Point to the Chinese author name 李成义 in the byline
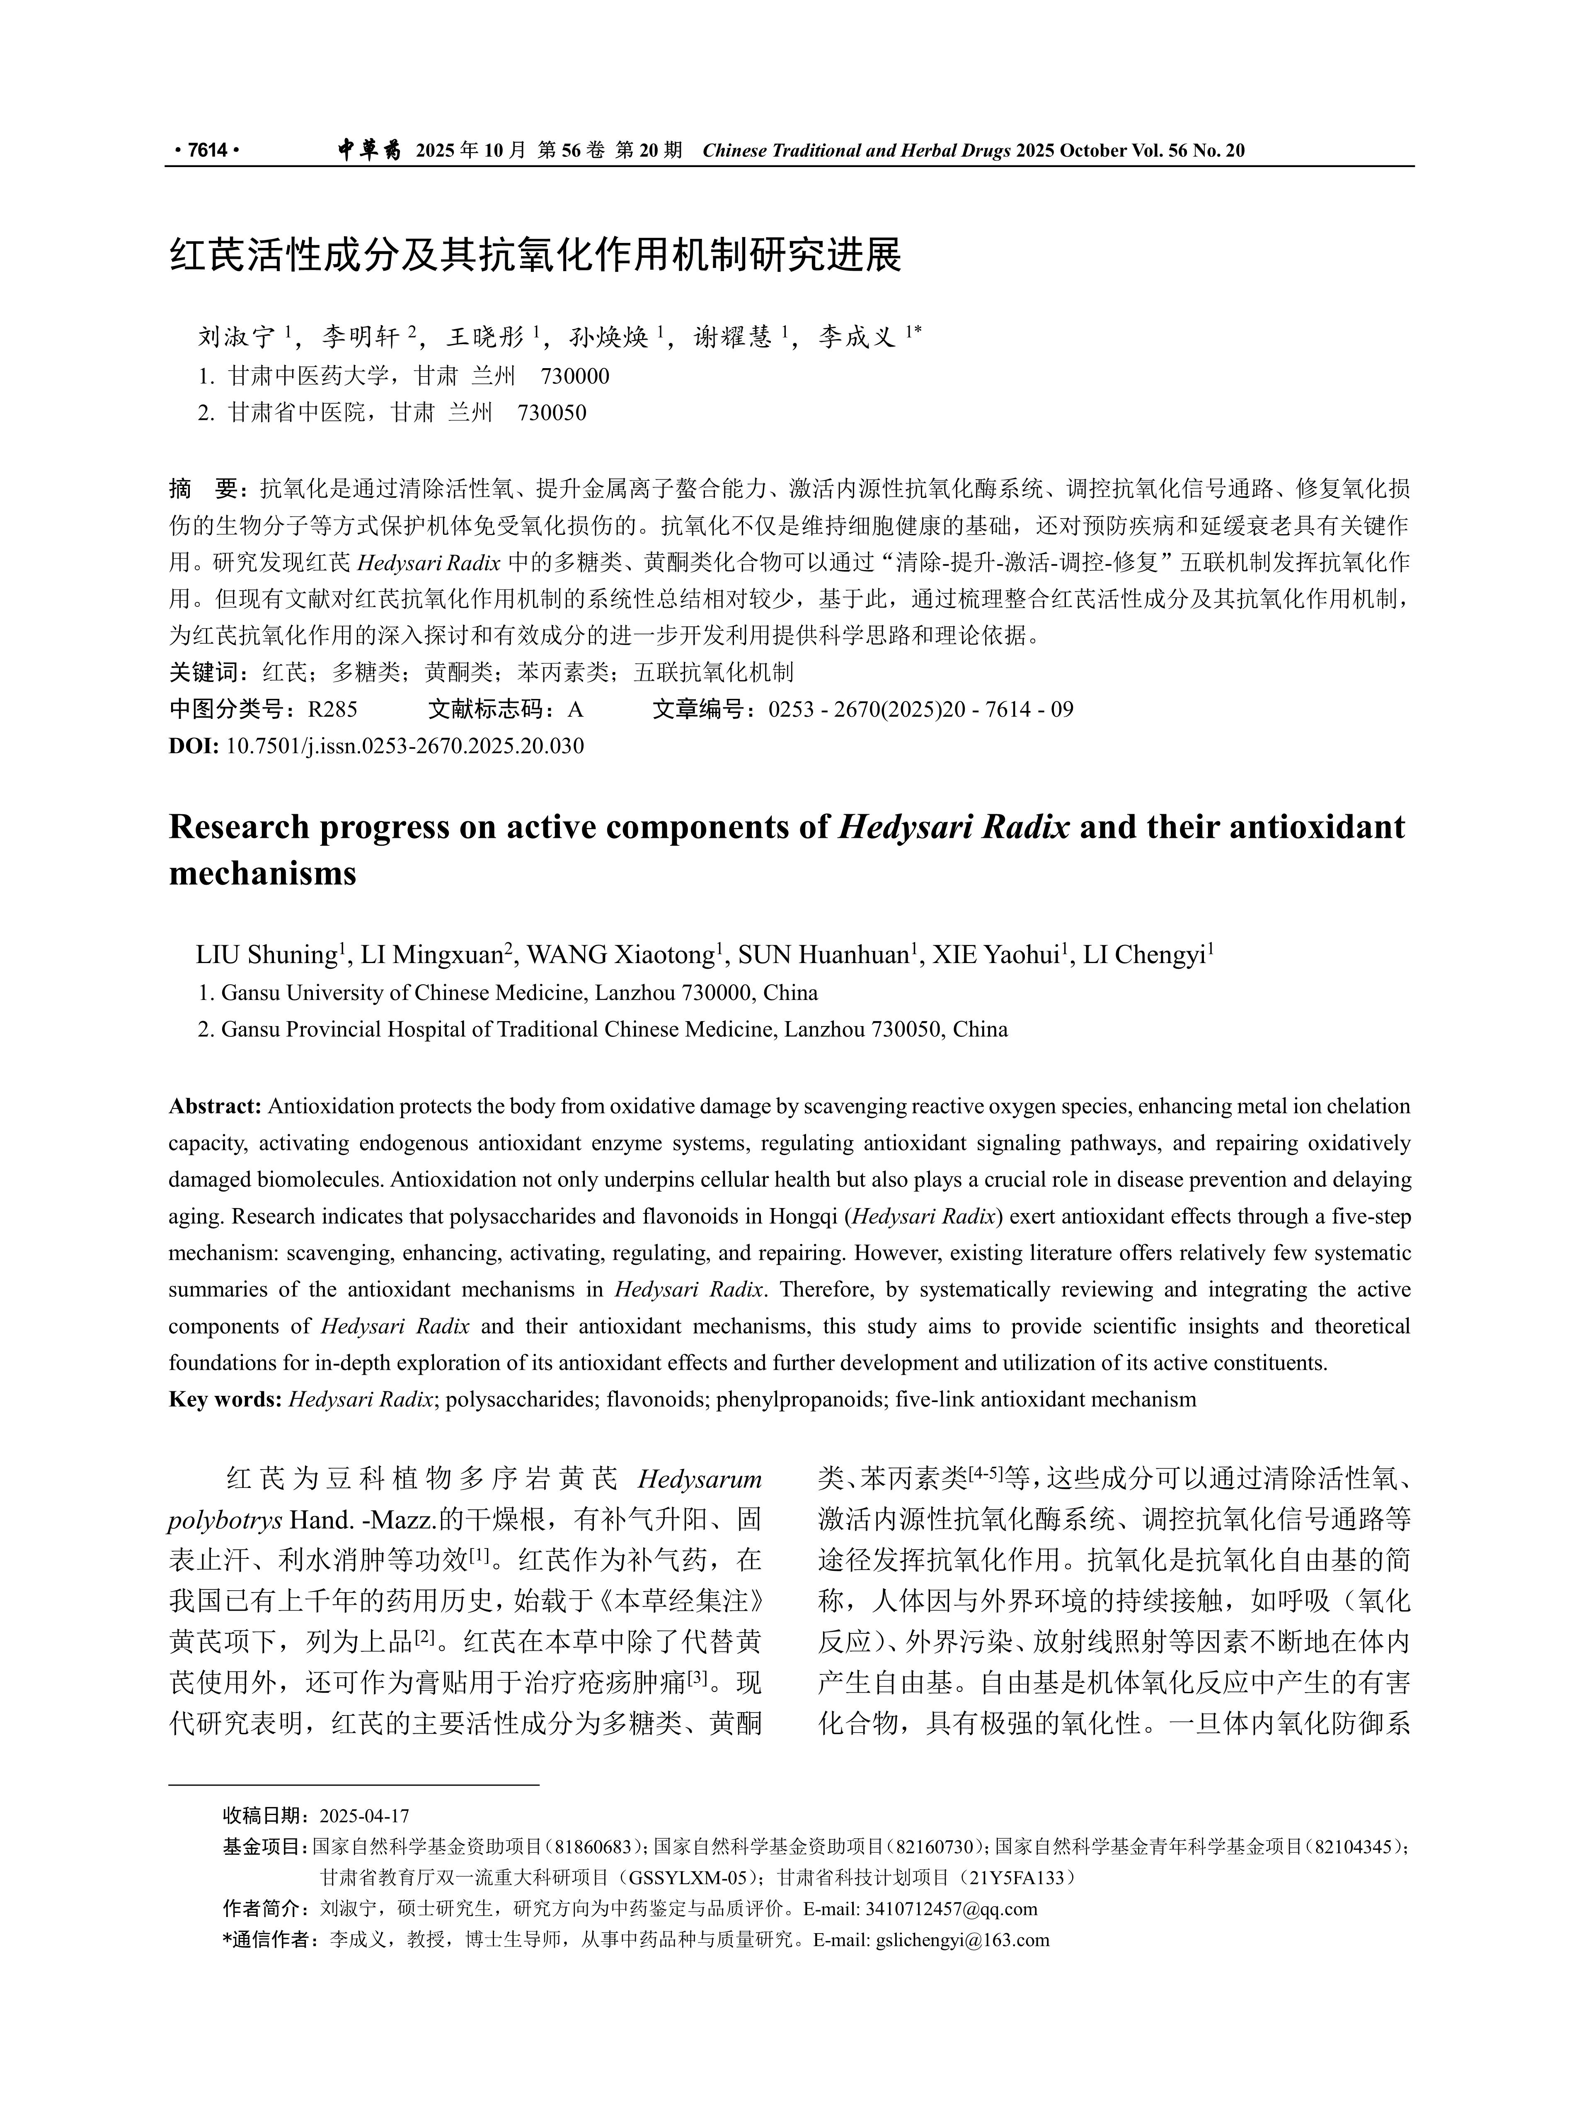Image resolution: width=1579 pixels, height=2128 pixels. pos(856,337)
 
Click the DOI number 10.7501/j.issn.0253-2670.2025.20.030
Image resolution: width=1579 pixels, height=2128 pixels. pos(404,746)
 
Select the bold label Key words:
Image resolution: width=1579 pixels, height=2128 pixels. pos(225,1400)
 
